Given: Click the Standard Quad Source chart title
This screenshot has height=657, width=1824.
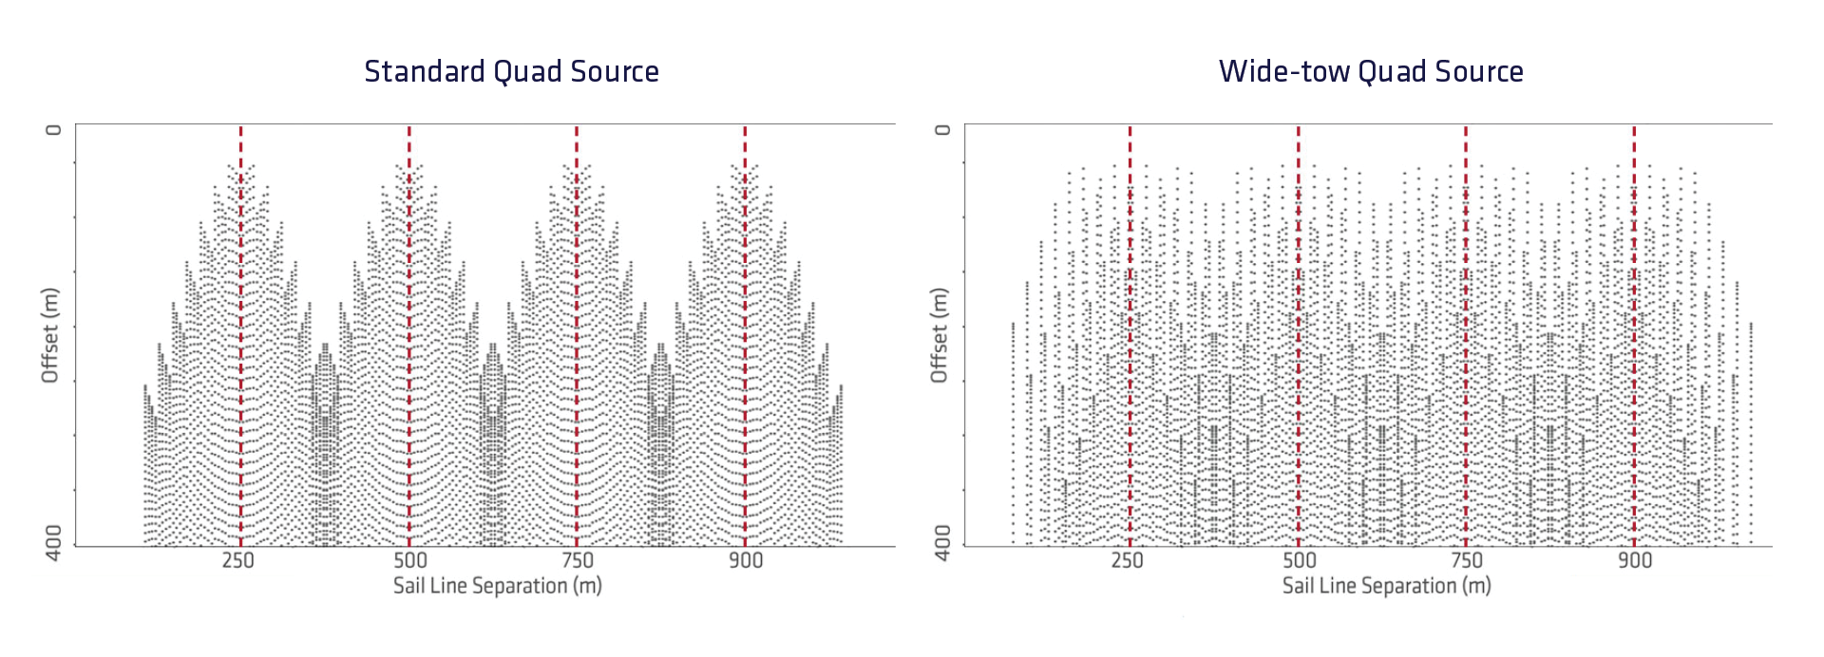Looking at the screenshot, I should tap(511, 71).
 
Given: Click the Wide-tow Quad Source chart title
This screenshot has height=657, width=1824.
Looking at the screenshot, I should tap(1371, 71).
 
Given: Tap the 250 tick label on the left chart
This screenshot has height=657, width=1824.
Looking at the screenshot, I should tap(237, 560).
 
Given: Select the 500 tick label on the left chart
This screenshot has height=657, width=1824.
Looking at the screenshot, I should tap(410, 560).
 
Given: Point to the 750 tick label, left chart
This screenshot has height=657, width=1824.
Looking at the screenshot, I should tap(578, 560).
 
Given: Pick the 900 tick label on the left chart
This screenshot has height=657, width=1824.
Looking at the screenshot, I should tap(746, 560).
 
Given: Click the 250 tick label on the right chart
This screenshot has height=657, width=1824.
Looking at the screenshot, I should tap(1128, 560).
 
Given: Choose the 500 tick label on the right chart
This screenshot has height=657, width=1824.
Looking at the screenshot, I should tap(1300, 560).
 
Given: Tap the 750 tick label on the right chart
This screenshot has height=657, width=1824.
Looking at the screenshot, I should tap(1467, 560).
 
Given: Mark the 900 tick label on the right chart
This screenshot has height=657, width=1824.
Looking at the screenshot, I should tap(1635, 560).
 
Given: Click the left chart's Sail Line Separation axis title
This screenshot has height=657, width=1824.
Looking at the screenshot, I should tap(498, 586).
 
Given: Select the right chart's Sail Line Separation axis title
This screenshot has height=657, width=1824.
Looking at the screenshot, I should tap(1386, 586).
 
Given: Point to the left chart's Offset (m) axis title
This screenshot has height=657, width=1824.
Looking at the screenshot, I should tap(50, 335).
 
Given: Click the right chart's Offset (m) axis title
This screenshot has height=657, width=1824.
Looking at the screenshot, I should tap(940, 335).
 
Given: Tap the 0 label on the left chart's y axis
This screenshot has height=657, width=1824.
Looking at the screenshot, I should tap(54, 130).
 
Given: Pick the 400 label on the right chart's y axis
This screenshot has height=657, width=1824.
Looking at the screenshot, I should tap(942, 542).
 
